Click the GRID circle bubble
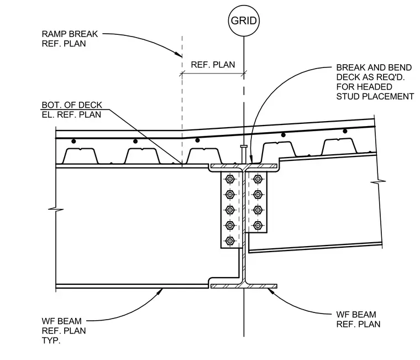click(x=244, y=20)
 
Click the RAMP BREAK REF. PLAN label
click(x=70, y=39)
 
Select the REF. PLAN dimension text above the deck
click(x=213, y=65)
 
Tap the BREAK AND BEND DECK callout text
click(x=375, y=82)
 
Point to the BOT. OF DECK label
click(x=72, y=105)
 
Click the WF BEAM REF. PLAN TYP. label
click(x=64, y=331)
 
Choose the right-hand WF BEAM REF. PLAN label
click(x=358, y=319)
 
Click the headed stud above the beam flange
click(x=244, y=154)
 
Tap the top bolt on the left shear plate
click(x=230, y=179)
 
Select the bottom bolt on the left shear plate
click(x=230, y=241)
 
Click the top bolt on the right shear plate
click(x=258, y=179)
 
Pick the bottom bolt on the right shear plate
click(x=258, y=225)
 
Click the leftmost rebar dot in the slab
click(x=73, y=141)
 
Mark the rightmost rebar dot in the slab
click(x=345, y=131)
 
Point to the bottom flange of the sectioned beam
click(x=244, y=286)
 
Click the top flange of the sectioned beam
click(x=244, y=166)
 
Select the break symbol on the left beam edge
click(x=56, y=209)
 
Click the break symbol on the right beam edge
click(x=378, y=182)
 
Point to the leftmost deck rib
click(x=80, y=156)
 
